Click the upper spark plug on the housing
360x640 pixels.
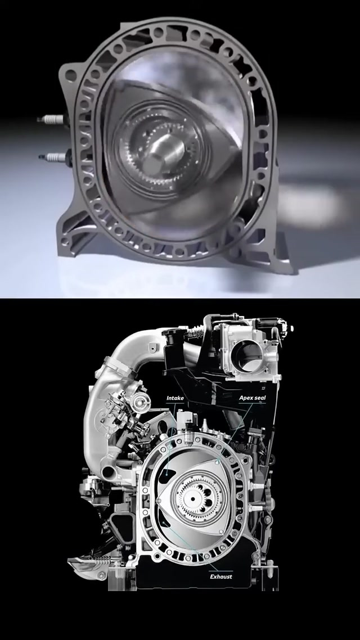(x=51, y=120)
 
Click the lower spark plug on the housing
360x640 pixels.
(x=53, y=157)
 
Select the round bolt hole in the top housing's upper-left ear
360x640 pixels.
(x=71, y=76)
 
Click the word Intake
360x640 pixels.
(x=175, y=398)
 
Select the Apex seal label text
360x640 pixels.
(x=252, y=398)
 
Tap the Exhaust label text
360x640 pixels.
(x=221, y=577)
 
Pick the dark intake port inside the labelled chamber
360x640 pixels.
(x=168, y=474)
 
